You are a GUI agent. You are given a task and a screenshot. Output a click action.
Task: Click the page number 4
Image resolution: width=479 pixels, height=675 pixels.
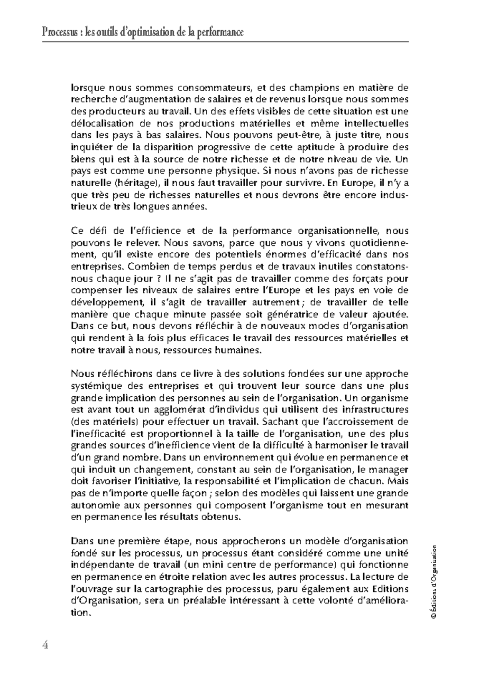coord(46,645)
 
